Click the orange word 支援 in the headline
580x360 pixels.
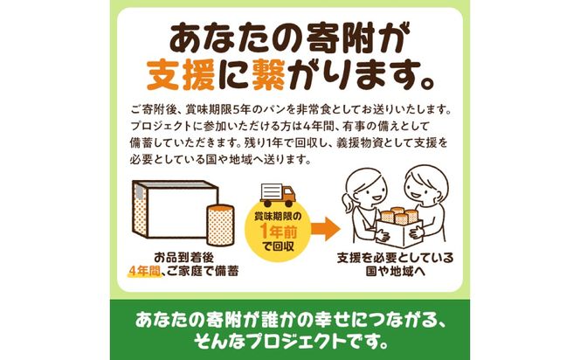click(181, 75)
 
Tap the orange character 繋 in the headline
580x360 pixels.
click(268, 75)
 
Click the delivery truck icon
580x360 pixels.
click(278, 195)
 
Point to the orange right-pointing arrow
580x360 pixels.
click(326, 229)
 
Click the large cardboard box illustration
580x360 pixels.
click(176, 209)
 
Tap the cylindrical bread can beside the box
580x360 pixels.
click(220, 225)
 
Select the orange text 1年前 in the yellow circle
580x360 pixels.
click(279, 232)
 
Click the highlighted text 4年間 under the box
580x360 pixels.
click(144, 272)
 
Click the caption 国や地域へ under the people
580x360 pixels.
click(395, 272)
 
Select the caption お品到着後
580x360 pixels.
click(183, 257)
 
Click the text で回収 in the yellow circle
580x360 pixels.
click(278, 246)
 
